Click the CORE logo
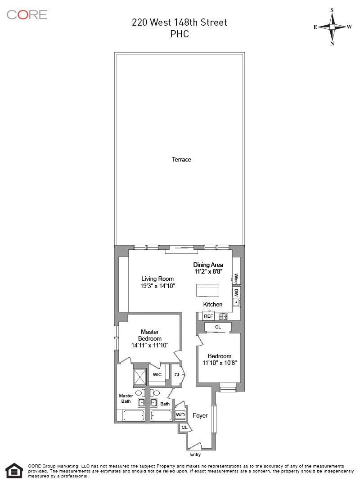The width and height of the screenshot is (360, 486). (27, 14)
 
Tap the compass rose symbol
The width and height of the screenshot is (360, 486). (332, 27)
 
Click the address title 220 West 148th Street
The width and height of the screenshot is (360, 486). (180, 22)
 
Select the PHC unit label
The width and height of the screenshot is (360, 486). (180, 34)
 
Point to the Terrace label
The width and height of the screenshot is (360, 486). (181, 159)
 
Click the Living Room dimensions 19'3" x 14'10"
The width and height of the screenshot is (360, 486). (157, 285)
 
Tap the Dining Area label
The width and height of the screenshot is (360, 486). (208, 265)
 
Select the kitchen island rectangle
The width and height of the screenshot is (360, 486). (208, 290)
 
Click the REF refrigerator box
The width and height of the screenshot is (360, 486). (208, 316)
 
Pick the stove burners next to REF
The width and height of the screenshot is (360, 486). (223, 316)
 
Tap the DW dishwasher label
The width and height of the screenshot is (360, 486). (236, 292)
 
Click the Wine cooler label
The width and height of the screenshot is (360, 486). (236, 279)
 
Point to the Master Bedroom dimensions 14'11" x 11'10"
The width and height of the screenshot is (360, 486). (150, 346)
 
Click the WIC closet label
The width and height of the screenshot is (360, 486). (157, 374)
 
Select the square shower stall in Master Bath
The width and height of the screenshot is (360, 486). (140, 377)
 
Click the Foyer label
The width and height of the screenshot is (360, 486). (200, 415)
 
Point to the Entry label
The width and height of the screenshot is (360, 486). (195, 454)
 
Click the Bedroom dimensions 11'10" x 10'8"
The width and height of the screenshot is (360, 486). (220, 363)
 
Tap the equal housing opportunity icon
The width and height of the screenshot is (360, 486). (14, 470)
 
